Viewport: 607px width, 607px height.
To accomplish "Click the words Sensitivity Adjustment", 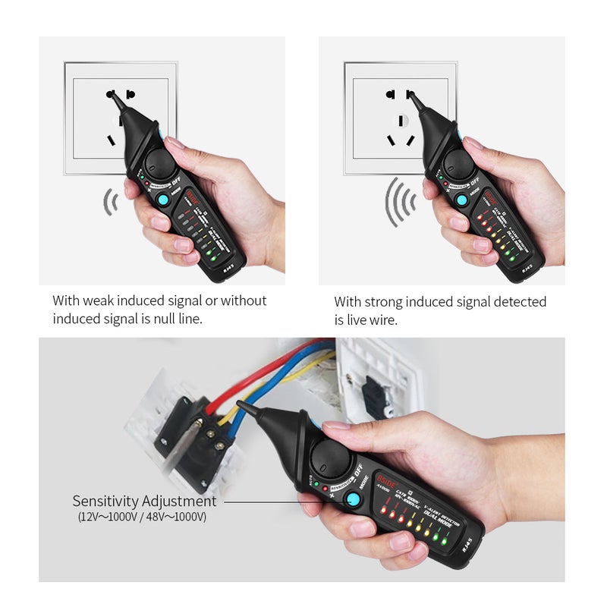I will [x=144, y=502].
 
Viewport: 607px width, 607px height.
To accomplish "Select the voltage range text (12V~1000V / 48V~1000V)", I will [x=142, y=517].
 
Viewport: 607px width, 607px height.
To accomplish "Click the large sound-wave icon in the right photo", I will [x=400, y=202].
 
